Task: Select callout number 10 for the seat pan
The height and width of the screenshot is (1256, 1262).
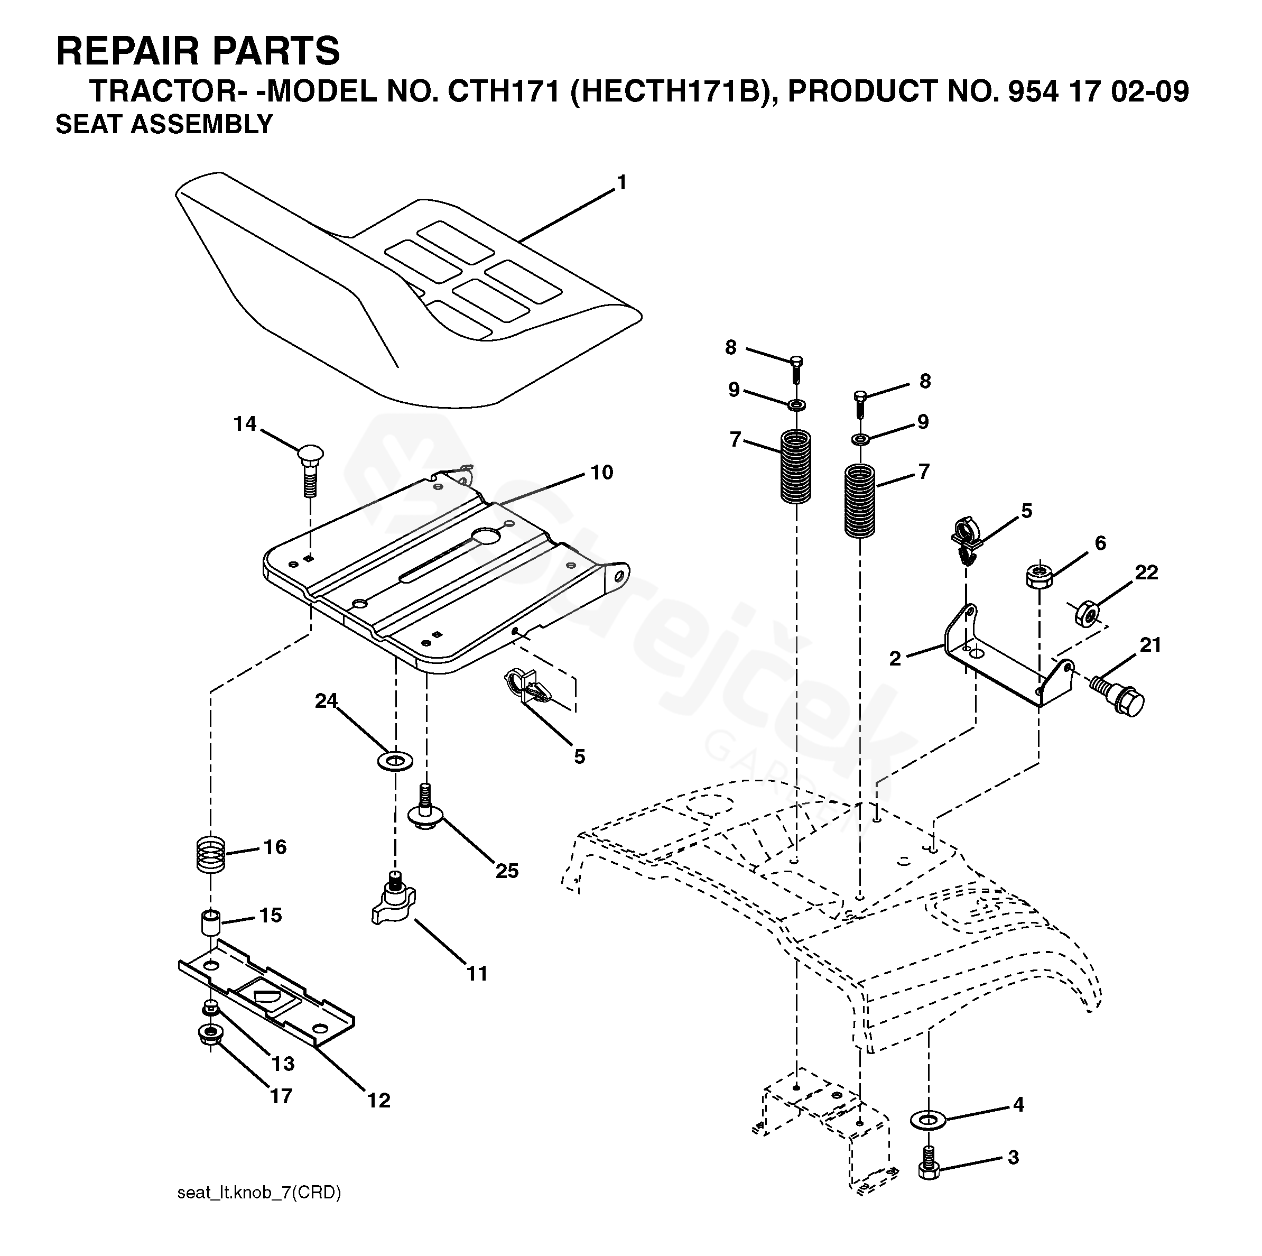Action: click(x=601, y=472)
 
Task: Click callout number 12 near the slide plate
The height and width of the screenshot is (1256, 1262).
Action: click(x=379, y=1101)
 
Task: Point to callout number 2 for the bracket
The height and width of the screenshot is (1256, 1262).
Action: click(x=895, y=659)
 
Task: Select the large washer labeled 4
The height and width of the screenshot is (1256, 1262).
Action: click(x=927, y=1120)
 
